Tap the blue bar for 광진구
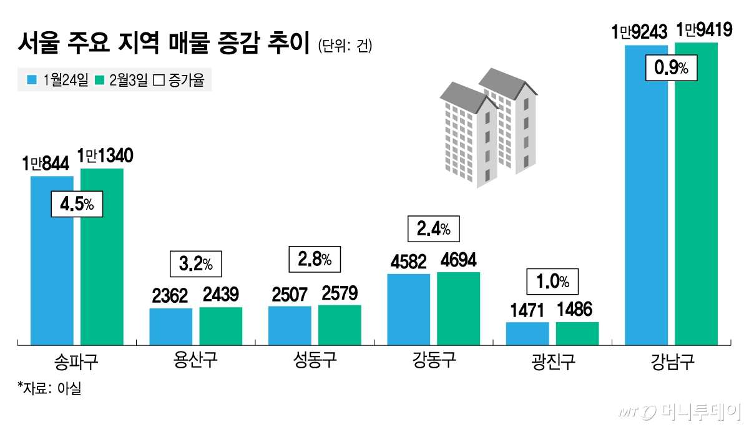pos(527,333)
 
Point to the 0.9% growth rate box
pos(671,68)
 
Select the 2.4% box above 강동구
pos(433,229)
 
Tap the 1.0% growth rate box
pos(552,282)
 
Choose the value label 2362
pos(171,296)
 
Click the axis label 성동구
pos(315,361)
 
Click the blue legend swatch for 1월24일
pos(31,81)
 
